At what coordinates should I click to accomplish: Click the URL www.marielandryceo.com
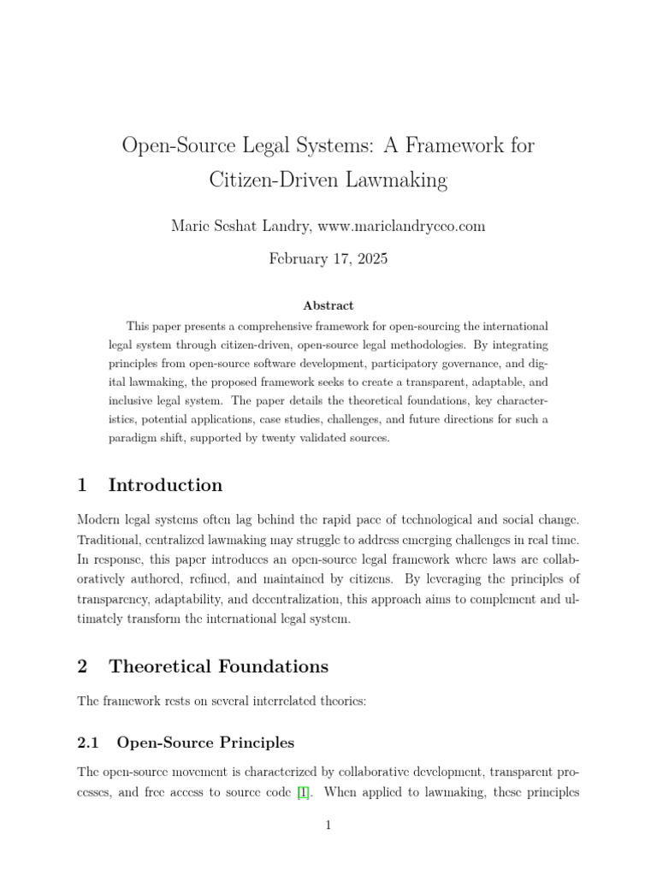click(x=401, y=226)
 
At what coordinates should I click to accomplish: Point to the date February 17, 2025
click(x=328, y=258)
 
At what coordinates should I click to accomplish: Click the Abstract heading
click(x=328, y=305)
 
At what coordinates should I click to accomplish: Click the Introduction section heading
click(x=165, y=485)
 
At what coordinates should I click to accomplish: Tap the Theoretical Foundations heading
click(x=218, y=666)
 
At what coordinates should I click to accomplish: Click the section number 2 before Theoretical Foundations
click(x=82, y=666)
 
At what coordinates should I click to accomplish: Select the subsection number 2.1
click(x=89, y=742)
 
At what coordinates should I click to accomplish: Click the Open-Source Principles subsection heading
click(x=205, y=742)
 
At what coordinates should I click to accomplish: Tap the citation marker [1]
click(x=303, y=792)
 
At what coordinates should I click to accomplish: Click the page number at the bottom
click(x=328, y=825)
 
